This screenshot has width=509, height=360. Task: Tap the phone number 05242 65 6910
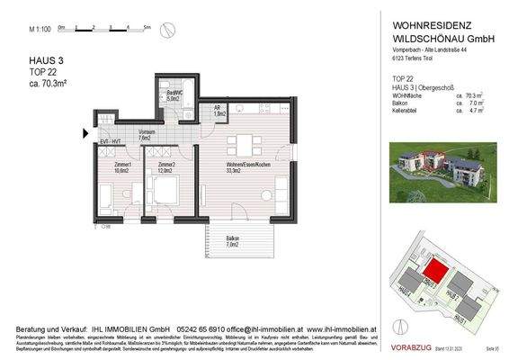(211, 330)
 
